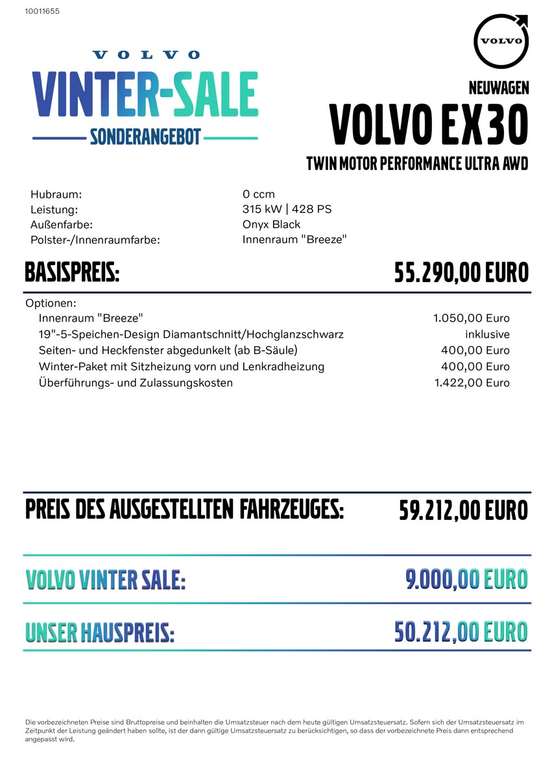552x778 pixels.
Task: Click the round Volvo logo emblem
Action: tap(501, 40)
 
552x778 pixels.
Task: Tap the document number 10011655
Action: tap(42, 11)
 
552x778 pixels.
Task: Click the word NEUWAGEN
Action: tap(498, 88)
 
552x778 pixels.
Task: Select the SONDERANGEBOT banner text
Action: tap(145, 137)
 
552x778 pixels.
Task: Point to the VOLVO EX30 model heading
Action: tap(429, 124)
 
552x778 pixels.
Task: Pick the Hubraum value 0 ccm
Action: tap(258, 194)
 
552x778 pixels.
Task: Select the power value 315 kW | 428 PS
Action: tap(287, 209)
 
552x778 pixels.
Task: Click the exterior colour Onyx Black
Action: tap(271, 224)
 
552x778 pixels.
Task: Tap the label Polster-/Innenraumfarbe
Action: tap(95, 240)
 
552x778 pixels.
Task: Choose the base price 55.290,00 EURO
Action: tap(461, 273)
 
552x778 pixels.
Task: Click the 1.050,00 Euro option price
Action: tap(471, 318)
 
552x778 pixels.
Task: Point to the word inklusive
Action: tap(487, 335)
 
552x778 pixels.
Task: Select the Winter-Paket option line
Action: tap(182, 366)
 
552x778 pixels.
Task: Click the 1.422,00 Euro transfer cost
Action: tap(472, 383)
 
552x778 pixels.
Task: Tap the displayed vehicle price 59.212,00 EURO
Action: tap(463, 510)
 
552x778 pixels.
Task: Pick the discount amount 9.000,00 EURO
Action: tap(466, 579)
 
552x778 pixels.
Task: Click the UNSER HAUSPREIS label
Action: tap(100, 631)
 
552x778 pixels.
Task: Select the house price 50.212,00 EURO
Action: tap(461, 631)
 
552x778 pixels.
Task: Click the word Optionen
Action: tap(51, 303)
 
